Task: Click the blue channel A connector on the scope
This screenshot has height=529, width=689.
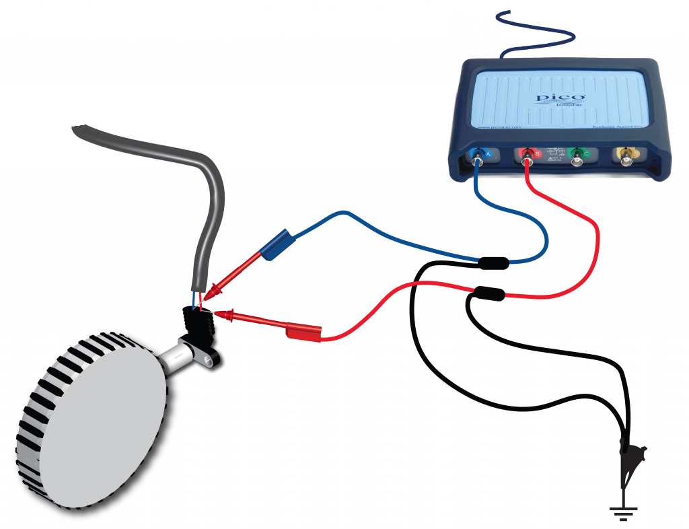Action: [x=478, y=158]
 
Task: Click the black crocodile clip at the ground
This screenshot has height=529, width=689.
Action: [x=633, y=458]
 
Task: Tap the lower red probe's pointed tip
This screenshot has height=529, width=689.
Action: [x=217, y=314]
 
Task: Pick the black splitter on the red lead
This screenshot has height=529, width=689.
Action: [x=489, y=293]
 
